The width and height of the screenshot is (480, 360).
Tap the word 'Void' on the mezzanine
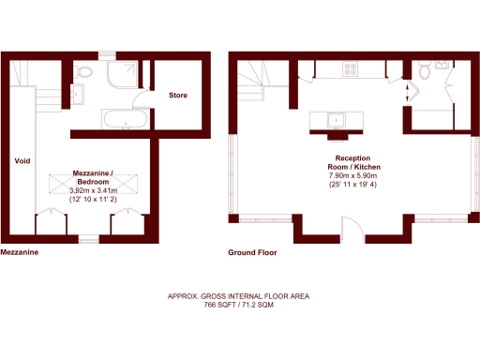22,161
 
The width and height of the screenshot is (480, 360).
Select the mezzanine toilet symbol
84,71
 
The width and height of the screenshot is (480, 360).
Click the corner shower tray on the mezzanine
123,74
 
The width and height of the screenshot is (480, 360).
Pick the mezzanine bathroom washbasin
79,92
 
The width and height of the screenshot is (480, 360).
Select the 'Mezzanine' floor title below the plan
19,252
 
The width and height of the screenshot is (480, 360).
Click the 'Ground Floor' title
253,252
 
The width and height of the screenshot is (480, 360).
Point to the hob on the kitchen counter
352,68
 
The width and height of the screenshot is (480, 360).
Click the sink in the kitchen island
335,119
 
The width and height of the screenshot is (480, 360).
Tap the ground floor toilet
424,71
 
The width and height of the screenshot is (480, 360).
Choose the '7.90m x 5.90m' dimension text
352,176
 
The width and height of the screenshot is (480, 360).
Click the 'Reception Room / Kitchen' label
352,162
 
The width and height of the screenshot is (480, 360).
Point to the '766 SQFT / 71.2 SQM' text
238,306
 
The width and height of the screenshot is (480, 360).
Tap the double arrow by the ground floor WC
407,93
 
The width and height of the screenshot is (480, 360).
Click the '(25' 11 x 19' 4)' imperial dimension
352,186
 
